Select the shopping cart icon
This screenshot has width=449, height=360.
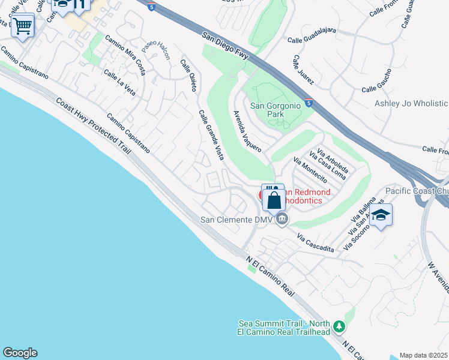tap(22, 26)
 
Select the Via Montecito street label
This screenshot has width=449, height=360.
tap(310, 170)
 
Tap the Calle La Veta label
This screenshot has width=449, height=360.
tap(119, 82)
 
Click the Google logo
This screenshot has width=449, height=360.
tap(19, 353)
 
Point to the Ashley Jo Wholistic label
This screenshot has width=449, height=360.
tap(411, 103)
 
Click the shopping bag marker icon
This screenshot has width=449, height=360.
tap(274, 200)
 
